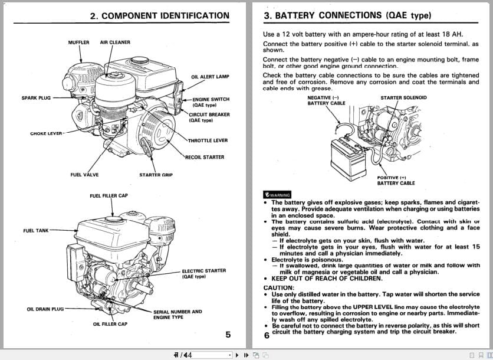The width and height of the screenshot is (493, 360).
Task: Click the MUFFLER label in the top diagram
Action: pos(78,42)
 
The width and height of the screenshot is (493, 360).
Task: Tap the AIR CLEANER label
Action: pos(115,42)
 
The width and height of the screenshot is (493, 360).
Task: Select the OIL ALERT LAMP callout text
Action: pos(211,77)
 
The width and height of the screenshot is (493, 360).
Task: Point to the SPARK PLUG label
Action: pos(36,98)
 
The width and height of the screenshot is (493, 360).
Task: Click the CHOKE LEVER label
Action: pos(47,133)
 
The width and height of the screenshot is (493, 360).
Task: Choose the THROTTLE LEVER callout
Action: pos(208,140)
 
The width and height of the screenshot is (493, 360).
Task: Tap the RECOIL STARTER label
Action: pos(205,158)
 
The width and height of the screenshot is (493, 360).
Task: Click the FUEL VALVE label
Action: pos(84,175)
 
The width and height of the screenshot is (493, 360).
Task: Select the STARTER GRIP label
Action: pos(156,175)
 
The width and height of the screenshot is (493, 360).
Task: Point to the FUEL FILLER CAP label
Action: pos(109,195)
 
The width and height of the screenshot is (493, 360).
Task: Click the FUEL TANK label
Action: pos(36,230)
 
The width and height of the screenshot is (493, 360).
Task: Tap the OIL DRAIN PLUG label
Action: pos(45,309)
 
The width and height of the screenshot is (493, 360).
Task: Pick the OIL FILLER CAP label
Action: pos(110,323)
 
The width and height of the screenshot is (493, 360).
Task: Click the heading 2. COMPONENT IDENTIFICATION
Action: pos(159,16)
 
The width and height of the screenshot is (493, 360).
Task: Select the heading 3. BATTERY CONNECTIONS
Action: pos(347,15)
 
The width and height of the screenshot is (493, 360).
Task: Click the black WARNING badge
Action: pos(278,195)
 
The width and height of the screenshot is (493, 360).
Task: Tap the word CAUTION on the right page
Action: pos(278,287)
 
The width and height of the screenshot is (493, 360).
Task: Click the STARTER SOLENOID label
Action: pos(403,97)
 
